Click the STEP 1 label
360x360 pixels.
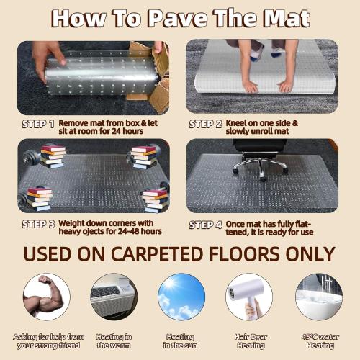[38, 124]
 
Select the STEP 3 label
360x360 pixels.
[38, 224]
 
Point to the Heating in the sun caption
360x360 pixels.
[181, 341]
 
